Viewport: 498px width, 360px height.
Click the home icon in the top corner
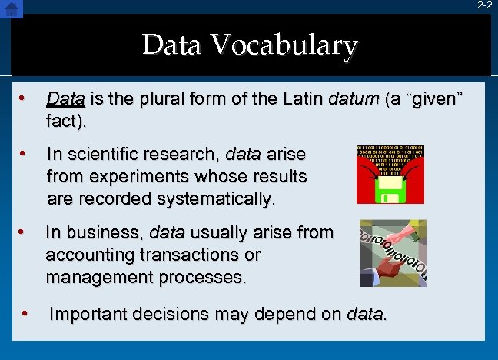point(11,8)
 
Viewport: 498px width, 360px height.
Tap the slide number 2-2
point(484,5)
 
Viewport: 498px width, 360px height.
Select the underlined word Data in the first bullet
point(65,99)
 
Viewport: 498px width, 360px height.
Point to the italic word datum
point(353,99)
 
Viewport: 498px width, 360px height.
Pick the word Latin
point(301,99)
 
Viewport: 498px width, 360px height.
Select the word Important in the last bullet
point(86,314)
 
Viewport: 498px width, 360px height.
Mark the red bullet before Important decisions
point(25,314)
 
